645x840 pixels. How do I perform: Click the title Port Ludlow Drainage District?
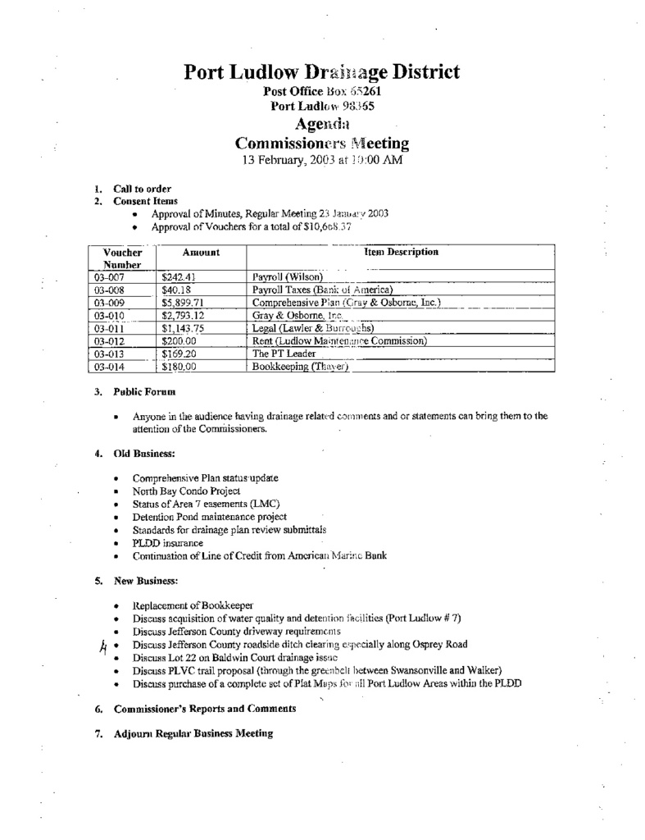[x=321, y=72]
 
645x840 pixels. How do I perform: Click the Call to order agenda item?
[x=142, y=189]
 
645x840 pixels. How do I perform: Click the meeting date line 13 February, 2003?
[x=321, y=161]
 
